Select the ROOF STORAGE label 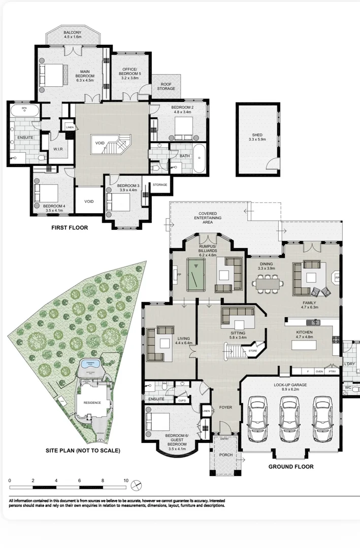(x=168, y=86)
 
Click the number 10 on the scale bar (x=125, y=480)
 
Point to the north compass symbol (x=136, y=486)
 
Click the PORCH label (x=225, y=455)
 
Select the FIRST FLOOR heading (x=70, y=228)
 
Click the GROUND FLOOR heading (x=291, y=466)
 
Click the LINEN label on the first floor (x=70, y=127)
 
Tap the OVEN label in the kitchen (x=319, y=371)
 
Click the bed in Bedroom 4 (x=46, y=193)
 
